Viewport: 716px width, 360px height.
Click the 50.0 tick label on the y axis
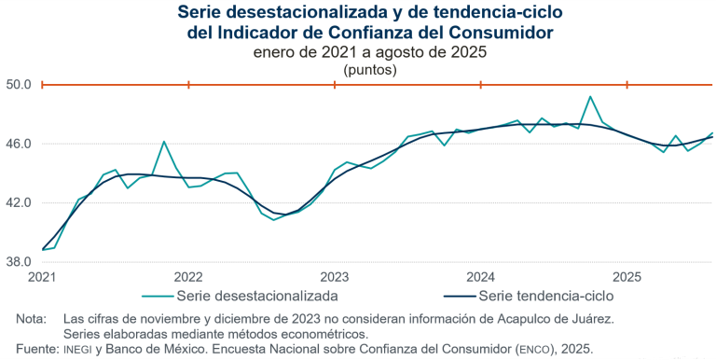pos(21,85)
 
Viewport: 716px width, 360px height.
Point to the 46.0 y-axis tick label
pos(21,144)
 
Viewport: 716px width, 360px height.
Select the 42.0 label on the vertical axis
pos(21,202)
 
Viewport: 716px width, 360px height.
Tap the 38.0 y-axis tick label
pos(21,261)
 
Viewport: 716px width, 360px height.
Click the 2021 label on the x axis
pos(42,277)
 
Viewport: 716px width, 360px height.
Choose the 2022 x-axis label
pos(188,277)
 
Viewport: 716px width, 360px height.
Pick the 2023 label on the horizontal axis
pos(334,277)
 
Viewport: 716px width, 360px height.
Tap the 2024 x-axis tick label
pos(480,277)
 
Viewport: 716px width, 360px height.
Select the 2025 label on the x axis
pos(626,277)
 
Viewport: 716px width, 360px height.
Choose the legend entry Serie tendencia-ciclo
pos(545,296)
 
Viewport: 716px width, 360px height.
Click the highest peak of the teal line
pos(590,96)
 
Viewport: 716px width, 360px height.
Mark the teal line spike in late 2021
pos(164,142)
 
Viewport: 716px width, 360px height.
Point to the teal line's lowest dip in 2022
pos(273,220)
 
